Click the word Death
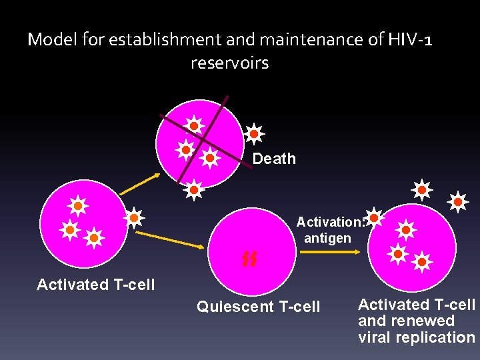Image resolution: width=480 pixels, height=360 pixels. pyautogui.click(x=274, y=159)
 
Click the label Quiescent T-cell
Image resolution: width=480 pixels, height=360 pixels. pyautogui.click(x=259, y=307)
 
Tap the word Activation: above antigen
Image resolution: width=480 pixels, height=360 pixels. pyautogui.click(x=329, y=222)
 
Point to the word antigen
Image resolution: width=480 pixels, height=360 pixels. pyautogui.click(x=327, y=237)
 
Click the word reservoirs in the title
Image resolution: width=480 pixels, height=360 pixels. pyautogui.click(x=229, y=64)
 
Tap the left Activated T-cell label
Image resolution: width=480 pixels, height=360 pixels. pyautogui.click(x=95, y=285)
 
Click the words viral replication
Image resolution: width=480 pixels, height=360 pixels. pyautogui.click(x=416, y=337)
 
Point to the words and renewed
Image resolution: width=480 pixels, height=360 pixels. pyautogui.click(x=406, y=321)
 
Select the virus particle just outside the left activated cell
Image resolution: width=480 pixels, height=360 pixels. pyautogui.click(x=134, y=217)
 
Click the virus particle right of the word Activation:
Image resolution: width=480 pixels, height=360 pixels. pyautogui.click(x=375, y=217)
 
